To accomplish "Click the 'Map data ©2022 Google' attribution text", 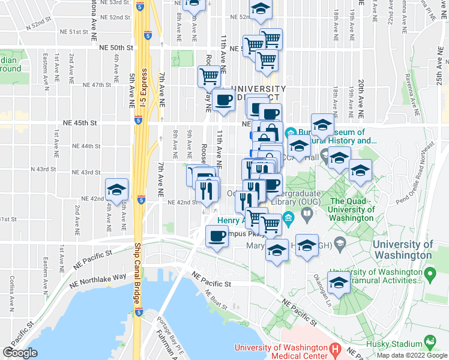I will click(x=412, y=355).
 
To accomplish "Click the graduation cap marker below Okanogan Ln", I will click(x=339, y=282).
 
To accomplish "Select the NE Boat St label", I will click(x=216, y=299).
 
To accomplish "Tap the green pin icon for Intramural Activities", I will click(x=430, y=275).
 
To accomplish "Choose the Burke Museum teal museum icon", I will click(x=290, y=132).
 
